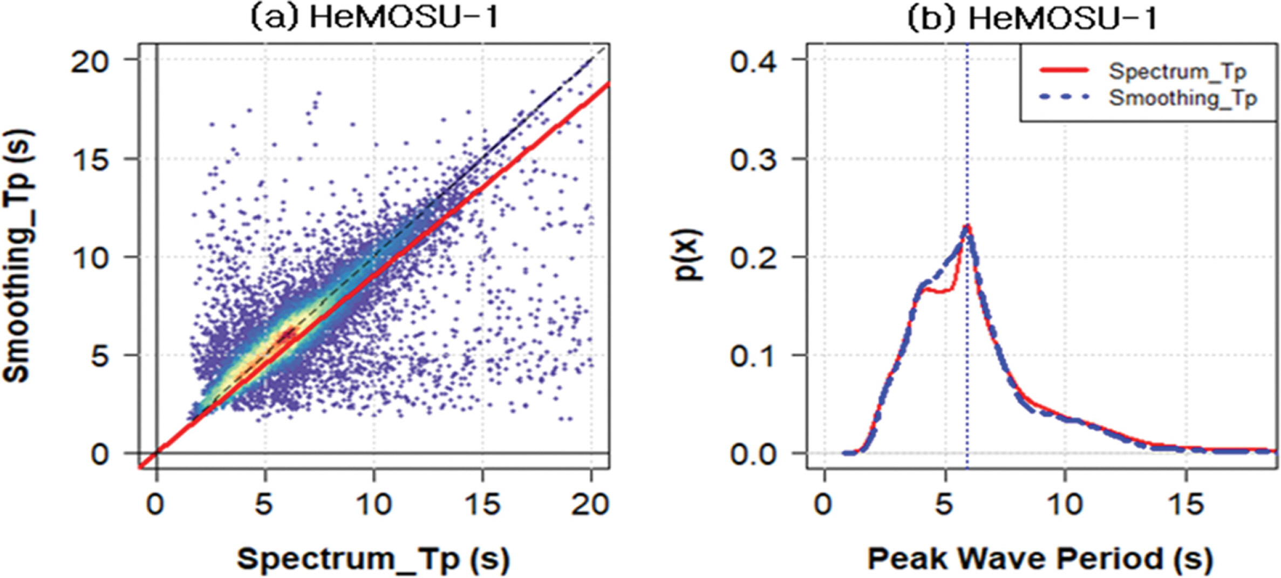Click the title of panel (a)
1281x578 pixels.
pyautogui.click(x=374, y=18)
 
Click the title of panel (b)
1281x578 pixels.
pyautogui.click(x=1032, y=18)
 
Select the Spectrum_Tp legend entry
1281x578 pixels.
pyautogui.click(x=1177, y=71)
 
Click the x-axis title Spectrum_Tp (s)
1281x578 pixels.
pyautogui.click(x=373, y=558)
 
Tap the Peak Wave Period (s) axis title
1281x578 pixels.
pyautogui.click(x=1040, y=558)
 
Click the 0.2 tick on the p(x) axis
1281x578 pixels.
pyautogui.click(x=754, y=257)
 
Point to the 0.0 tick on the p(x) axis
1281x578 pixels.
pyautogui.click(x=754, y=454)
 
